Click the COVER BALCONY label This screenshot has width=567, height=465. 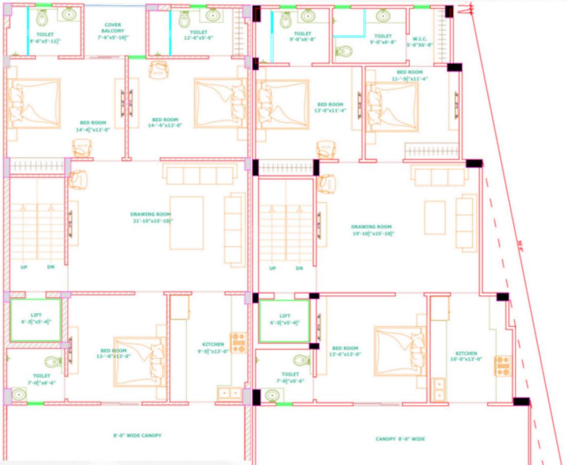[113, 28]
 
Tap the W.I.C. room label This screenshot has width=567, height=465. [418, 39]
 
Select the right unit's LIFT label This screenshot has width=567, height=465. [284, 316]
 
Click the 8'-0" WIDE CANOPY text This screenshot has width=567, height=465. [137, 436]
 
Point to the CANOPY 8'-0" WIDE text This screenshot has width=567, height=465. [400, 439]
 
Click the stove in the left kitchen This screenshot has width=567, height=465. [238, 343]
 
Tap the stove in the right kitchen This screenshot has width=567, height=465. [502, 366]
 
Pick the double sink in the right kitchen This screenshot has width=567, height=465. [439, 389]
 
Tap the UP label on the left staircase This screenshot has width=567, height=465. [24, 267]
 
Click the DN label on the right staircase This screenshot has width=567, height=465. [299, 268]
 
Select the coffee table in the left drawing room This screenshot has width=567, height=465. [186, 223]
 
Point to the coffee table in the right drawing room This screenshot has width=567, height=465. [435, 218]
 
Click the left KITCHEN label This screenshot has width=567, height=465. [213, 344]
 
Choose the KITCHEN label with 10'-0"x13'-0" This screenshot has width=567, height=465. [466, 353]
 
